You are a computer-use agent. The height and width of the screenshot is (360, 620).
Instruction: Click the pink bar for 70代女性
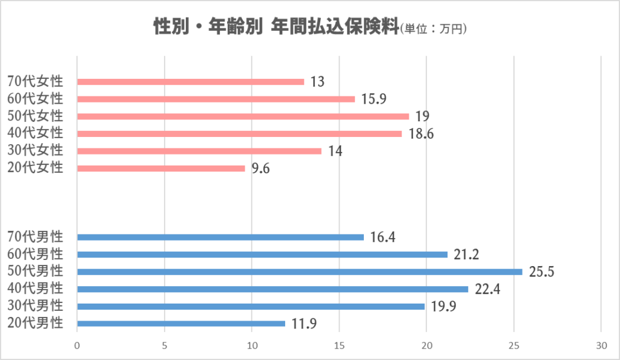(191, 82)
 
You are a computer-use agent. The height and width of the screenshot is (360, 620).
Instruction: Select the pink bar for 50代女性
(243, 116)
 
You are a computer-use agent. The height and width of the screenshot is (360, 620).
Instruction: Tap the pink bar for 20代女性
(161, 168)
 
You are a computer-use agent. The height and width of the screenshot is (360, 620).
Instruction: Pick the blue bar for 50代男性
(300, 272)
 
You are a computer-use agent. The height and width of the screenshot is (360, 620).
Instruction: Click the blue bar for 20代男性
(181, 324)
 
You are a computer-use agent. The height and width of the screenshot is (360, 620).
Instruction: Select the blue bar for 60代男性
(262, 255)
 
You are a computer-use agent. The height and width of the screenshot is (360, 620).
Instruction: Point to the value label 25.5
(542, 272)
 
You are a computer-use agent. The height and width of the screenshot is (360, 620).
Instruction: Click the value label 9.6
(261, 168)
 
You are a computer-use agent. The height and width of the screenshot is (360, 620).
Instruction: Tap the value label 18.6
(421, 134)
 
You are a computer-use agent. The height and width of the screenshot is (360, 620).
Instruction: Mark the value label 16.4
(383, 238)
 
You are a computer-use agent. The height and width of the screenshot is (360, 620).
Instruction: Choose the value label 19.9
(443, 307)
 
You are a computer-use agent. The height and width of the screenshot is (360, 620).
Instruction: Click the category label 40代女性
(35, 133)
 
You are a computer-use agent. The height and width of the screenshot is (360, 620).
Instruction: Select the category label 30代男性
(35, 306)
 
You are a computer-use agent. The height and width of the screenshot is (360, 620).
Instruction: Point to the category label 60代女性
(35, 99)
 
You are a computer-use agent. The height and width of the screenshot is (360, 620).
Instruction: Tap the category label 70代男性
(35, 237)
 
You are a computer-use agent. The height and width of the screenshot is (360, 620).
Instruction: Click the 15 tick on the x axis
(339, 345)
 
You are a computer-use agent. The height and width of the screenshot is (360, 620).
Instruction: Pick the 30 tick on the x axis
(601, 345)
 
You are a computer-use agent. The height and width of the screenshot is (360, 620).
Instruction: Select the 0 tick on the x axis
(77, 345)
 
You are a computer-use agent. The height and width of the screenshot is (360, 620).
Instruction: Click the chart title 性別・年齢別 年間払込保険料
(276, 27)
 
